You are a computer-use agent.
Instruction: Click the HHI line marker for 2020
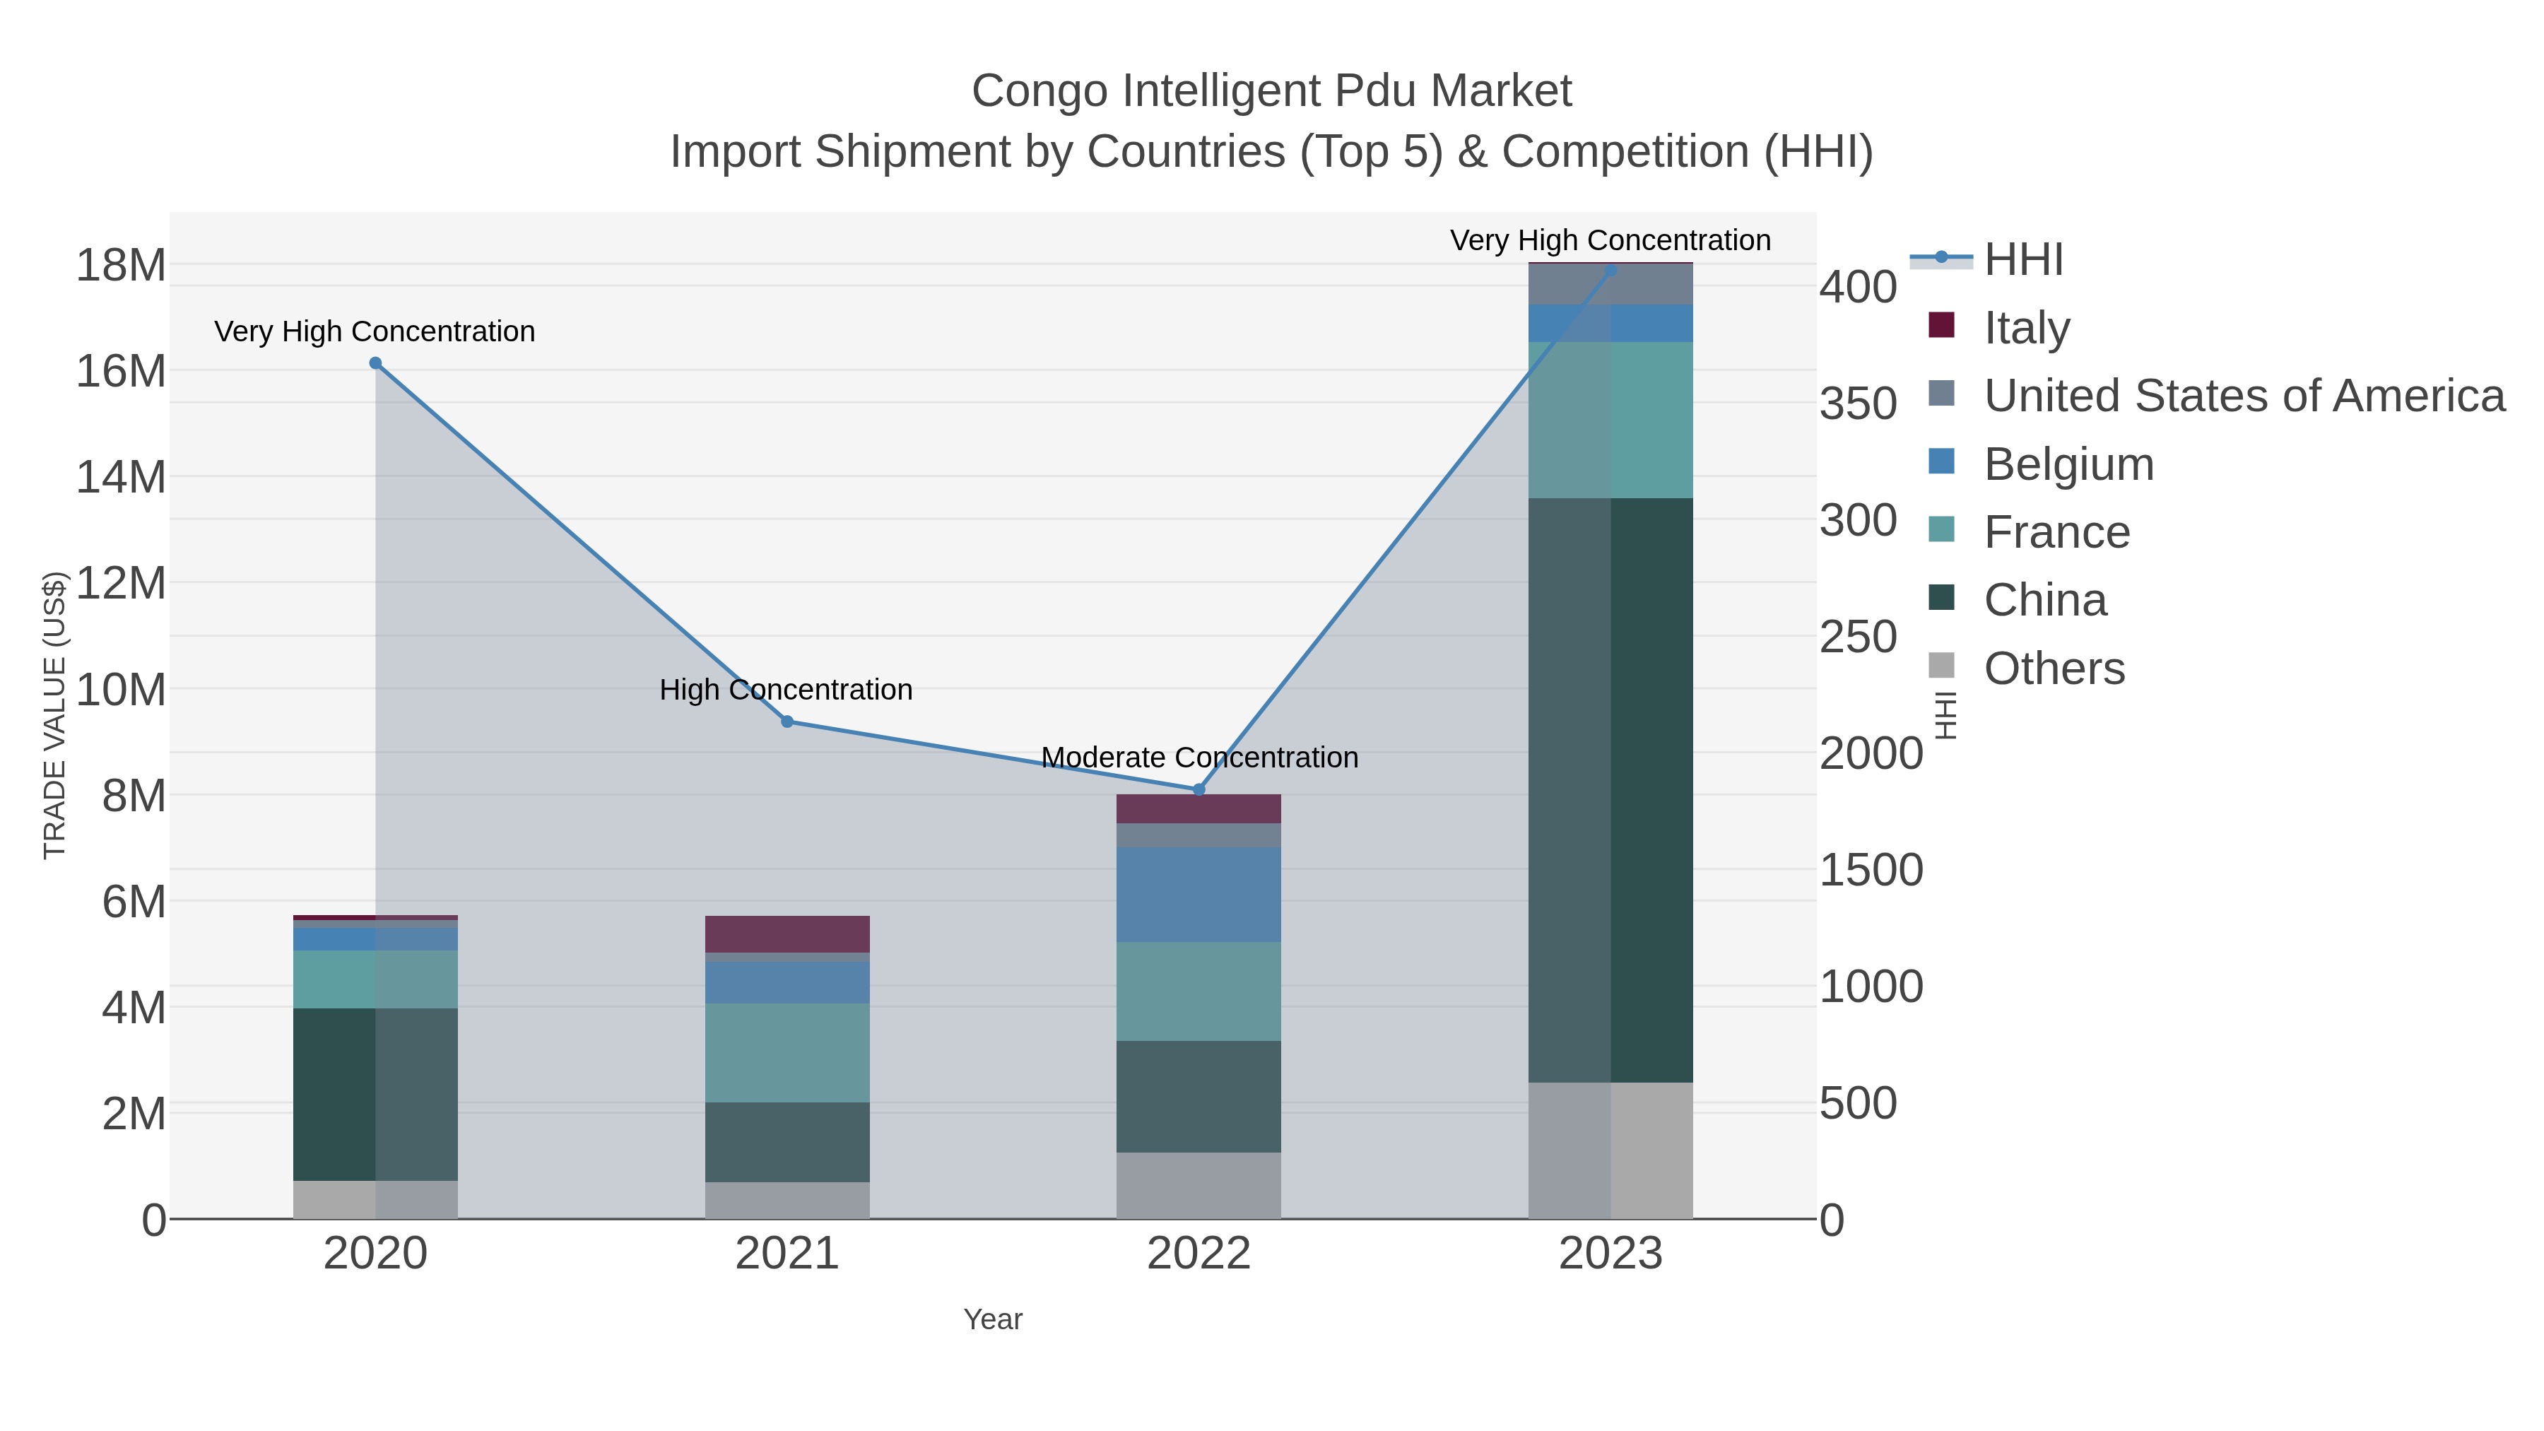tap(375, 363)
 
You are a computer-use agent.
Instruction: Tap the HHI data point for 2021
tap(787, 722)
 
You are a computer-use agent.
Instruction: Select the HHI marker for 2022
tap(1199, 790)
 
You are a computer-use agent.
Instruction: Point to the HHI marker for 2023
tap(1610, 270)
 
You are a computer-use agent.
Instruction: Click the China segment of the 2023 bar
tap(1610, 790)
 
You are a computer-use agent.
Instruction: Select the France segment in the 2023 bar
tap(1610, 420)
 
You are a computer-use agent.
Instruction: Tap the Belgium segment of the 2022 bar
tap(1199, 895)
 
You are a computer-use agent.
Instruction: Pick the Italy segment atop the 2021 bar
tap(787, 934)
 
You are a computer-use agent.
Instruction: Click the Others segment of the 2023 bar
tap(1610, 1150)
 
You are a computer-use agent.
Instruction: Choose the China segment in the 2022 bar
tap(1199, 1096)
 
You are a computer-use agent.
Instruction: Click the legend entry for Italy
tap(2027, 328)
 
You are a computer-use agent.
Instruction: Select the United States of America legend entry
tap(2244, 396)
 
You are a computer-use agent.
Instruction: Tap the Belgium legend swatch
tap(1942, 462)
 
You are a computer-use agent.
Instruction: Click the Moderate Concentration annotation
tap(1199, 758)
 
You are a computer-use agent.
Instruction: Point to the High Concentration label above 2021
tap(785, 689)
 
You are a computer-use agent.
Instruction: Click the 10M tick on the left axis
tap(120, 689)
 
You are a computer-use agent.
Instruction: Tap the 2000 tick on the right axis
tap(1871, 753)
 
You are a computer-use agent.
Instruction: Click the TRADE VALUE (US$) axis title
tap(54, 716)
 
